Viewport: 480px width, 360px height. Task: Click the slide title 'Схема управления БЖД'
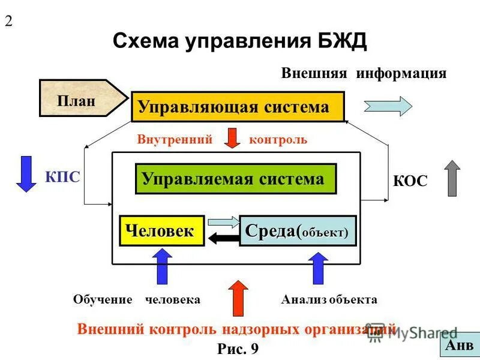coord(239,42)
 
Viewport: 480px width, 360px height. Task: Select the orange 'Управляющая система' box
coord(238,107)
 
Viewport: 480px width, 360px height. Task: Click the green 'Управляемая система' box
coord(235,178)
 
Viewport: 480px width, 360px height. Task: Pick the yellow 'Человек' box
coord(161,230)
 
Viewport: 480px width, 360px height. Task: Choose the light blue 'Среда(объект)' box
coord(298,231)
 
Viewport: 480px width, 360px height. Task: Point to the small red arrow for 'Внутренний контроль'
coord(232,138)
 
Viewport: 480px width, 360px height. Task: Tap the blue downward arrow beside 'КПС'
coord(26,173)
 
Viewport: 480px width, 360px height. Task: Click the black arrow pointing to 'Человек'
coord(223,239)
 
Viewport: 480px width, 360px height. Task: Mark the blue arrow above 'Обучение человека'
coord(162,266)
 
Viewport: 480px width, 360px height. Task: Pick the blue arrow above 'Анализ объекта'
coord(318,268)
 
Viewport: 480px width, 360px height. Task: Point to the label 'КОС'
coord(410,181)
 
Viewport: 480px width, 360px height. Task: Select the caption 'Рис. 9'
coord(238,349)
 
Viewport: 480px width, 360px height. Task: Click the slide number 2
coord(9,21)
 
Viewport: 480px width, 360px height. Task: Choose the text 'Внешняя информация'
coord(364,73)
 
